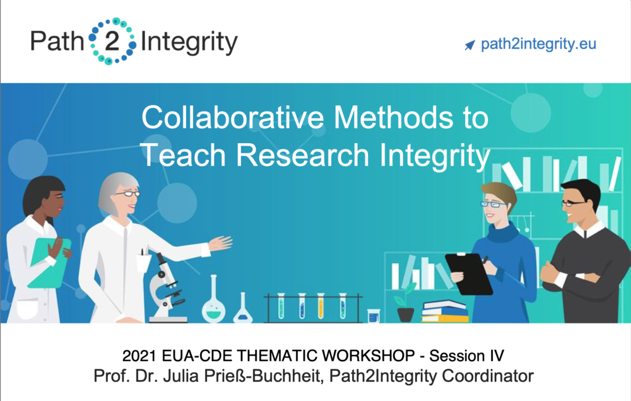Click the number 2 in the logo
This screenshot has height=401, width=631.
(112, 41)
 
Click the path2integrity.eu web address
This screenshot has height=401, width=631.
(538, 44)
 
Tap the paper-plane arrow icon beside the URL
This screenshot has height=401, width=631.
(469, 45)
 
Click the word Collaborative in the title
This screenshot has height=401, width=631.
(233, 117)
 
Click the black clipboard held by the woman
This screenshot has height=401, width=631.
(469, 274)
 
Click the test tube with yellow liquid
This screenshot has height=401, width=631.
(321, 306)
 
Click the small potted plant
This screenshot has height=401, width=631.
(406, 303)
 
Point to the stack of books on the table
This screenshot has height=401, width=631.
(445, 311)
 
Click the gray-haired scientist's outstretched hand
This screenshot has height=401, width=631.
(220, 243)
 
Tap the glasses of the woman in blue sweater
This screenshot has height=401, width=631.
(493, 204)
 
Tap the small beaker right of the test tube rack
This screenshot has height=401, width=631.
(374, 315)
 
